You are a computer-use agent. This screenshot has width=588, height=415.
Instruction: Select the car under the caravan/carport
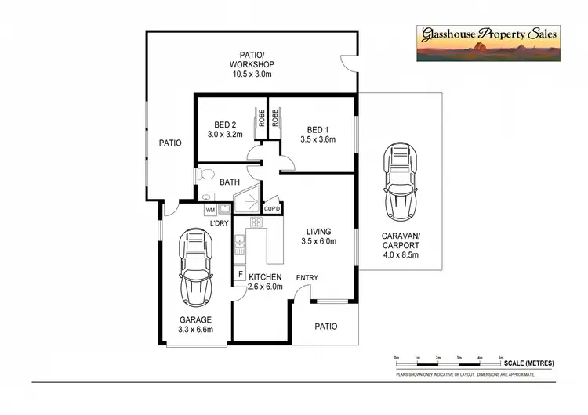point(399,184)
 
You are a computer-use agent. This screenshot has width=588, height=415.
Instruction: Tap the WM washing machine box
point(210,210)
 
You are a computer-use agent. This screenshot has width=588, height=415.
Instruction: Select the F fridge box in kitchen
point(240,274)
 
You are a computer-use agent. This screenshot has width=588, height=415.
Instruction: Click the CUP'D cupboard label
point(273,209)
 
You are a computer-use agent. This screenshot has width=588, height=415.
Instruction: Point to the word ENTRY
point(307,278)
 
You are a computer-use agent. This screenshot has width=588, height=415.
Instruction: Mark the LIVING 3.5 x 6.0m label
point(319,236)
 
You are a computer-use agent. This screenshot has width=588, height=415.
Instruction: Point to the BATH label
point(230,182)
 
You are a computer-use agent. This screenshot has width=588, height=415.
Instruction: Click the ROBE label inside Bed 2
point(260,117)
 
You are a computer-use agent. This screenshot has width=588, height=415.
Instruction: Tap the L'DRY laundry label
point(219,224)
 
